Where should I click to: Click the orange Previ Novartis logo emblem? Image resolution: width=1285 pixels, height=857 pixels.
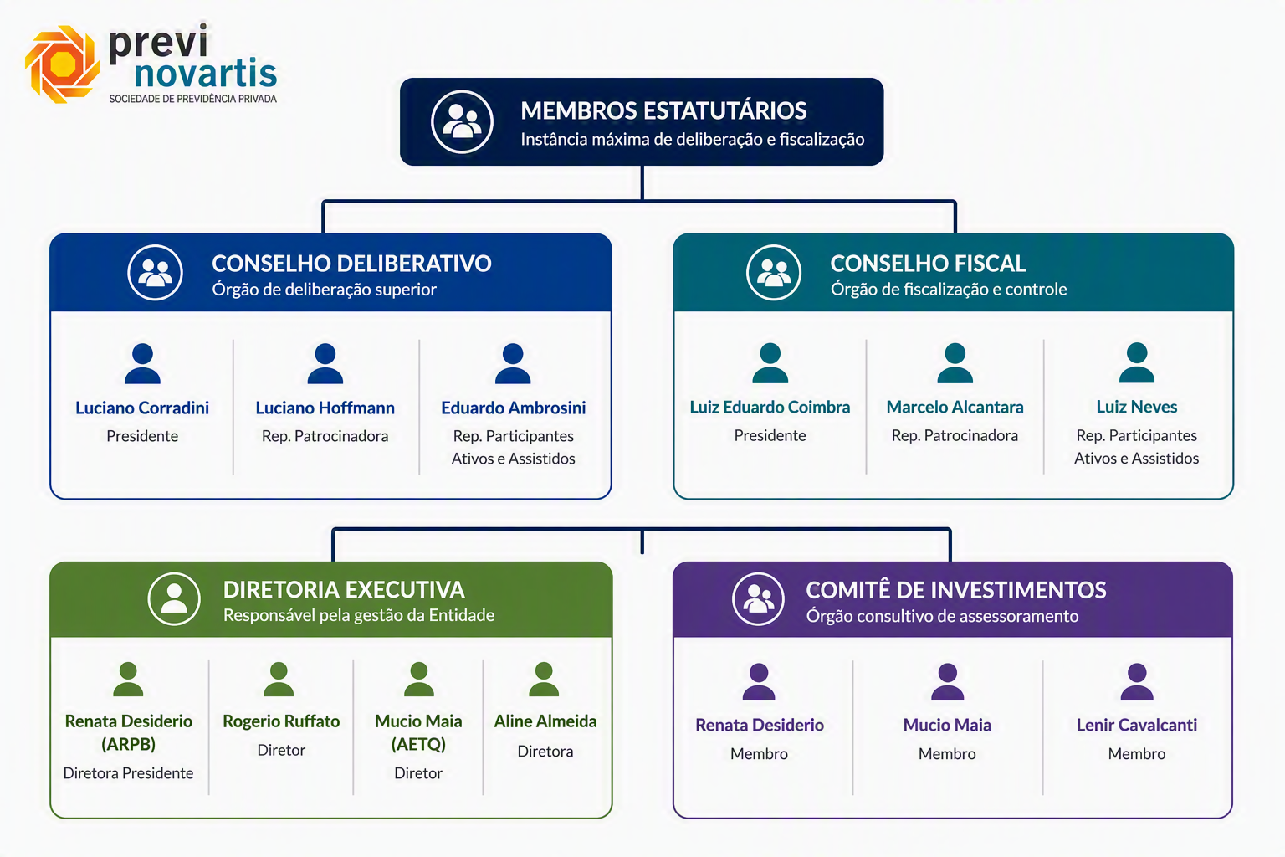click(63, 64)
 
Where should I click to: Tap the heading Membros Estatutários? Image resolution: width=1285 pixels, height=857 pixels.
click(663, 110)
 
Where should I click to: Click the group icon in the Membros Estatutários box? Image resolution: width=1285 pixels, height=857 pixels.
click(462, 121)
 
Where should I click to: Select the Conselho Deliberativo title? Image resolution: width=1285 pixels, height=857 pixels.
click(351, 264)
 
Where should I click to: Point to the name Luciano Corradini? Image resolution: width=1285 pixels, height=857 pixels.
click(142, 408)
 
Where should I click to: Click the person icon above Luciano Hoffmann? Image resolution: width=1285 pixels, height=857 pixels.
click(325, 363)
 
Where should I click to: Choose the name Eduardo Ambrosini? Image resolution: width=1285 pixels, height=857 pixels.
click(514, 408)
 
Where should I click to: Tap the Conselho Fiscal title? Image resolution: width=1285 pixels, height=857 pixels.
click(928, 264)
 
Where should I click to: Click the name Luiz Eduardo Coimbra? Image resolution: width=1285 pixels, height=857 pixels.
click(770, 407)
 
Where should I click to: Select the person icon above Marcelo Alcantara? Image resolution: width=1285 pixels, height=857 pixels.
click(955, 362)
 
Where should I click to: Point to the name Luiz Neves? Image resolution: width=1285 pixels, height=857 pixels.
click(1137, 407)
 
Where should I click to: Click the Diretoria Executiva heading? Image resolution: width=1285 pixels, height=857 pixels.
click(344, 590)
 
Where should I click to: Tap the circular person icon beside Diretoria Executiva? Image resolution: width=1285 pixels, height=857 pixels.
click(174, 598)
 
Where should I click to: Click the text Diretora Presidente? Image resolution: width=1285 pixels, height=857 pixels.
click(129, 773)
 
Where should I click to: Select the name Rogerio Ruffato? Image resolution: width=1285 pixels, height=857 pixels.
click(281, 721)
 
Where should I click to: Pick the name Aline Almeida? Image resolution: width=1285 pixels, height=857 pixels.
click(545, 721)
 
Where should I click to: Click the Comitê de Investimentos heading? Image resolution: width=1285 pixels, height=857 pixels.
click(956, 590)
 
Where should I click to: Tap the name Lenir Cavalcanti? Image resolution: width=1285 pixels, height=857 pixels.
click(1137, 725)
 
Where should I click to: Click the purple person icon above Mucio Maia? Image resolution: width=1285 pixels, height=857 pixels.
click(948, 682)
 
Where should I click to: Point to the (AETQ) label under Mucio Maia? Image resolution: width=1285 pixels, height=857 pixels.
click(419, 745)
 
